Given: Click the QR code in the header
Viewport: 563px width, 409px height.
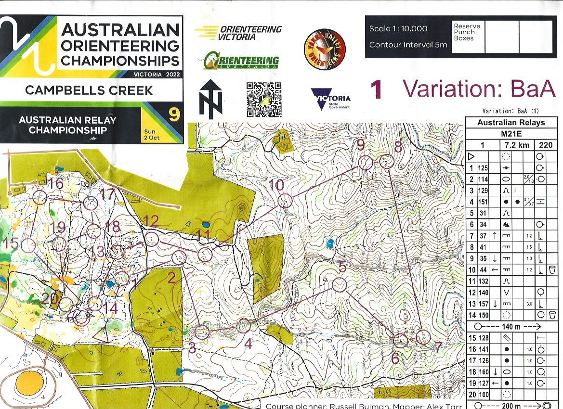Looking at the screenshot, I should [x=264, y=100].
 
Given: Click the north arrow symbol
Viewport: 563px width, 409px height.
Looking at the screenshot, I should [x=210, y=99].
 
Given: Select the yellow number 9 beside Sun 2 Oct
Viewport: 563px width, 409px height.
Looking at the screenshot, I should [x=173, y=115].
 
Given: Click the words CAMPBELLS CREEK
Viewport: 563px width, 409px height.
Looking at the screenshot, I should [x=89, y=90].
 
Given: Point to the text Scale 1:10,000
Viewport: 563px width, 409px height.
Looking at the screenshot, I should [x=398, y=29].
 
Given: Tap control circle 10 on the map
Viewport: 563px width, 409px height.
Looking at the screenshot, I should [x=285, y=201].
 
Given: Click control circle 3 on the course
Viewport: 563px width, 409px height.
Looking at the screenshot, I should [x=203, y=332].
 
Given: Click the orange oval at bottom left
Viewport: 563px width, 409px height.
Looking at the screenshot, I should [x=30, y=383].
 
